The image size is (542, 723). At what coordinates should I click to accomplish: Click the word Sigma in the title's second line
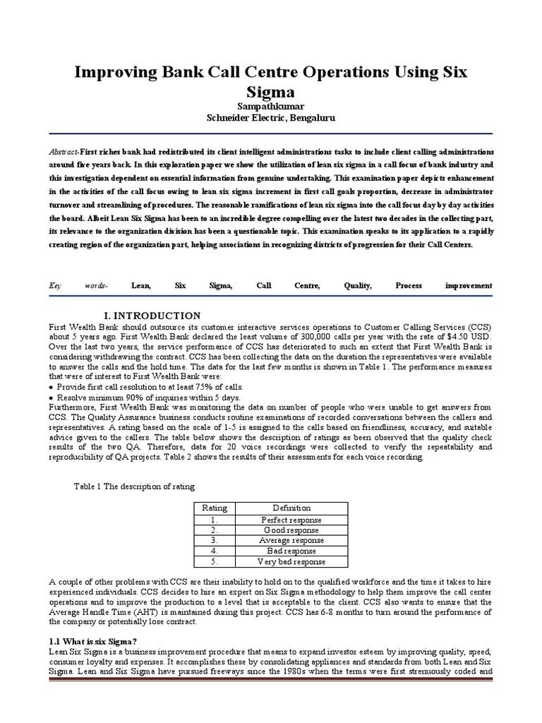click(x=270, y=93)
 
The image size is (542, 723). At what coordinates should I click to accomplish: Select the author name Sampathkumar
click(x=270, y=106)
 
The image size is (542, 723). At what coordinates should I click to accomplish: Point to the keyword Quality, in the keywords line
click(x=358, y=285)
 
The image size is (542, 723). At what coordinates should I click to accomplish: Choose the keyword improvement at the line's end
click(x=469, y=285)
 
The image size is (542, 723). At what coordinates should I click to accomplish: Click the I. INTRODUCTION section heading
click(x=152, y=316)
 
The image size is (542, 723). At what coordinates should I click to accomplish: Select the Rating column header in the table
click(x=215, y=508)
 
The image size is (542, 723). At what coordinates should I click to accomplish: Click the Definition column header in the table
click(x=291, y=508)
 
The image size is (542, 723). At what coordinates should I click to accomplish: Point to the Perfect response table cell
click(x=291, y=519)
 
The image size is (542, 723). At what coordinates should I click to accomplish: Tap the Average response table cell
click(x=291, y=540)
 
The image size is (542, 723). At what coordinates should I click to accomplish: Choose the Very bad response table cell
click(x=291, y=561)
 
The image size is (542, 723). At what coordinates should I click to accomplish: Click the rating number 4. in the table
click(x=214, y=551)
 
